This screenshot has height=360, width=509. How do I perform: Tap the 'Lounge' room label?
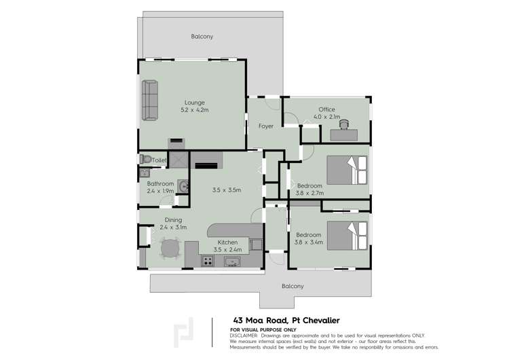[x=193, y=102]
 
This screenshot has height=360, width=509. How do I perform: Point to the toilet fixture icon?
[x=145, y=159]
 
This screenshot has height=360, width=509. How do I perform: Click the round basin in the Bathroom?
[x=183, y=183]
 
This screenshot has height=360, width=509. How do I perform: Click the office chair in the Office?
[x=345, y=124]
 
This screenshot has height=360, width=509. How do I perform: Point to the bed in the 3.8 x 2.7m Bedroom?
[x=347, y=170]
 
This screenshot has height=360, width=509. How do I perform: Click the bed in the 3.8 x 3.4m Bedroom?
[x=347, y=234]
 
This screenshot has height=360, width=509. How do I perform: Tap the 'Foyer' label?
[x=265, y=126]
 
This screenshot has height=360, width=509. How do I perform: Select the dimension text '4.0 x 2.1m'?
[x=326, y=117]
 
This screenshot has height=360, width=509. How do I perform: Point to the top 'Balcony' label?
[x=202, y=37]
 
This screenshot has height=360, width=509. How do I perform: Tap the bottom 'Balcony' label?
[x=293, y=286]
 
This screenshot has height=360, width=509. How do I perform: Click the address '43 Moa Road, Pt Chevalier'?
[x=282, y=320]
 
